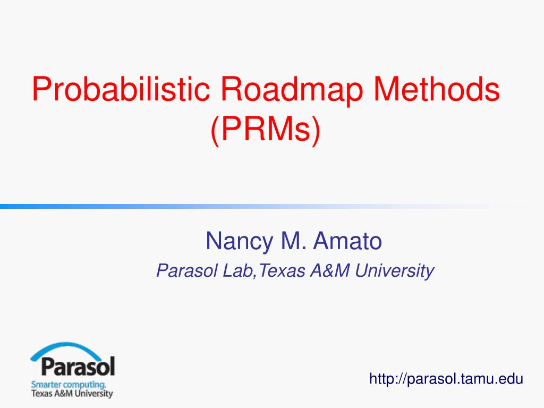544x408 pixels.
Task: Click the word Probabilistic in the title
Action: point(121,89)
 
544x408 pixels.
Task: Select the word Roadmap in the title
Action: point(292,89)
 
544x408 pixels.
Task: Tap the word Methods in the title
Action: point(437,89)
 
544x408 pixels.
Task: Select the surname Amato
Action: point(347,241)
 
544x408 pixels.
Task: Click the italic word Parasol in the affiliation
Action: point(187,270)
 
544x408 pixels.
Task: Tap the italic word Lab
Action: point(237,270)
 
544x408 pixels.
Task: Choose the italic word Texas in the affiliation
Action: point(282,270)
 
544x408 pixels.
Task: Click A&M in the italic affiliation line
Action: point(330,270)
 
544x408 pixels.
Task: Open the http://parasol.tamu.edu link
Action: point(446,379)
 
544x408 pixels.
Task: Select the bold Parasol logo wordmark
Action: point(78,367)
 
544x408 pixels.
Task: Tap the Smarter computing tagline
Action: point(69,385)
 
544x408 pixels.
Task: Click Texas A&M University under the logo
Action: point(72,394)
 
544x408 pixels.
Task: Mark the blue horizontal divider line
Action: point(266,207)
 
